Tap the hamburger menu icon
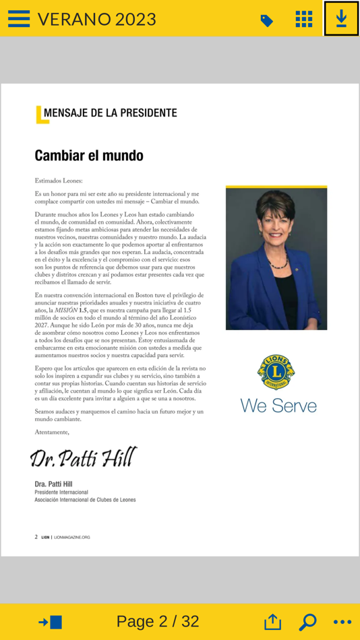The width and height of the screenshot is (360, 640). click(19, 19)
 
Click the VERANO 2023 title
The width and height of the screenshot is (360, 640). click(96, 20)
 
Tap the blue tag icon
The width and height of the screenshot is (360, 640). click(267, 21)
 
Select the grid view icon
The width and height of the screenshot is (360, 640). click(304, 19)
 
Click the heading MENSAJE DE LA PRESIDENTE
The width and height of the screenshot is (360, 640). click(110, 113)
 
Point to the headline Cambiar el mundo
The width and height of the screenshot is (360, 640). click(89, 156)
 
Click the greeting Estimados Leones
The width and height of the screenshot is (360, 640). click(59, 181)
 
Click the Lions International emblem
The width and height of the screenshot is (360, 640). click(276, 372)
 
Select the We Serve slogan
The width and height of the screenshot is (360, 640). click(278, 406)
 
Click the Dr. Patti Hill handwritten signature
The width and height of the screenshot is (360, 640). click(84, 458)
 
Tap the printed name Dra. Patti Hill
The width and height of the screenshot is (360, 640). click(53, 484)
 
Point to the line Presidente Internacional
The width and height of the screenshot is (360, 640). click(61, 492)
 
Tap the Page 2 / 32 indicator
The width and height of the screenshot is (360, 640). click(158, 621)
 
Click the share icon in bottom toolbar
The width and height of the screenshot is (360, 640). click(272, 622)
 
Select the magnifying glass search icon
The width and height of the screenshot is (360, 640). click(307, 622)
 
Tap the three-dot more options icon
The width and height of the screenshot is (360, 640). click(342, 622)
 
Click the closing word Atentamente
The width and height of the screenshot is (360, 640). click(52, 432)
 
